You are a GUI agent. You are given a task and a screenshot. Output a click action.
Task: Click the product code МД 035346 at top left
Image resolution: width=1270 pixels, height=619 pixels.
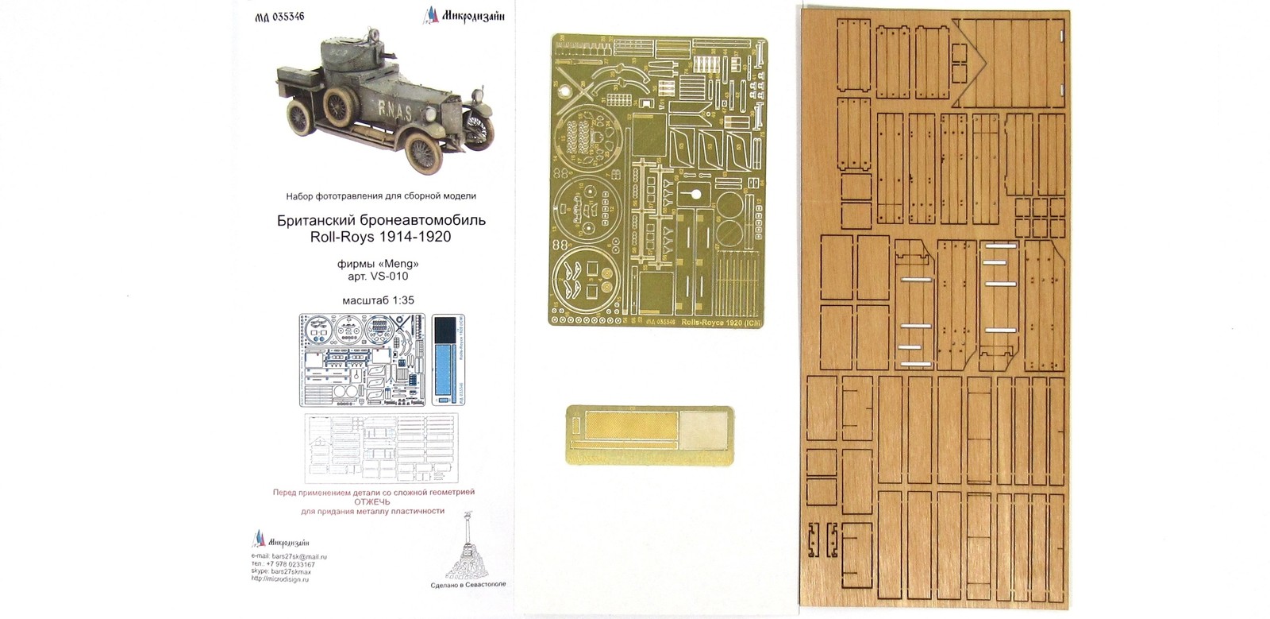[283, 14]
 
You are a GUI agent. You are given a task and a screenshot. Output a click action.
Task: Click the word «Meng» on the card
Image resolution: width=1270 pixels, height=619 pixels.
[399, 263]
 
